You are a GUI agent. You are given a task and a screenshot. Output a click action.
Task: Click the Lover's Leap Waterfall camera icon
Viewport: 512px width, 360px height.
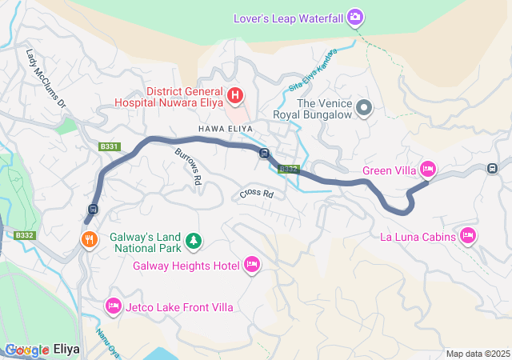[356, 17]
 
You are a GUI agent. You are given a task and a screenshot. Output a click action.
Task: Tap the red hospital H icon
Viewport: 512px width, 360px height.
[235, 96]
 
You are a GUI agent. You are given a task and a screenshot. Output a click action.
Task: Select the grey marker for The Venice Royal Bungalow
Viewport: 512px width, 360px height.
[365, 107]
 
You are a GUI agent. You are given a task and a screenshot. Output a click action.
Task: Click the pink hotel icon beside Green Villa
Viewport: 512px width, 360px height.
[427, 169]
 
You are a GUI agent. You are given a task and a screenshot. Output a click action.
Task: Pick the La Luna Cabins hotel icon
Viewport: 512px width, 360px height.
[468, 236]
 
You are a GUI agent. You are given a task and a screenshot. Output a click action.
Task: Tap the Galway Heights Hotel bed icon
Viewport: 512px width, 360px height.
[252, 264]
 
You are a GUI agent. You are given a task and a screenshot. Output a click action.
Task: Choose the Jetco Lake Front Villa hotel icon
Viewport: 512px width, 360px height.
[113, 306]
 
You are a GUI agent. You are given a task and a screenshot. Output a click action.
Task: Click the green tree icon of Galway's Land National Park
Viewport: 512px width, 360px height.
[193, 239]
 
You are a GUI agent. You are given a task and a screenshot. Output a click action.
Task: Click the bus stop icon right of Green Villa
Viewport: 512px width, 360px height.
[491, 168]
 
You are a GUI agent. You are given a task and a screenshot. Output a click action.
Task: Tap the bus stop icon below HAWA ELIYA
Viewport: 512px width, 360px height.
[263, 154]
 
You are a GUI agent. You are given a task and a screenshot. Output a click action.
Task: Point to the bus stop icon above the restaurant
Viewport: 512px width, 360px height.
[93, 210]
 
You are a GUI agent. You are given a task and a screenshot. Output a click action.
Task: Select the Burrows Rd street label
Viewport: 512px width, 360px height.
[186, 165]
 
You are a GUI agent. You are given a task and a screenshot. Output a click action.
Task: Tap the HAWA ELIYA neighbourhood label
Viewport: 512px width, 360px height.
[222, 128]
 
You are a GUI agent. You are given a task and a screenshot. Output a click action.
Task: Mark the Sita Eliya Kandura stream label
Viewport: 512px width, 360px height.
[312, 69]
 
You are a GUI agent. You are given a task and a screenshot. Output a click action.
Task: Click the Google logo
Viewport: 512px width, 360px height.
[26, 350]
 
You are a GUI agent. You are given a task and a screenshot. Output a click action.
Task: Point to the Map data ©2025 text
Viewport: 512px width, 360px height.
[477, 354]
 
